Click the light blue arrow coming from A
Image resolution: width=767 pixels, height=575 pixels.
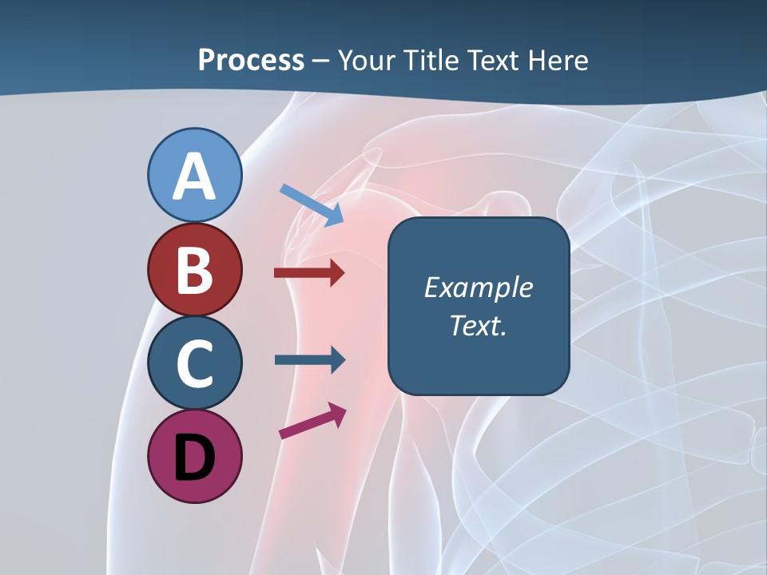pyautogui.click(x=312, y=204)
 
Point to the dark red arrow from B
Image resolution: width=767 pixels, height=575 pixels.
pyautogui.click(x=308, y=273)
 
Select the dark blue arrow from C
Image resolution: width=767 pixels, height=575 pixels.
pyautogui.click(x=309, y=359)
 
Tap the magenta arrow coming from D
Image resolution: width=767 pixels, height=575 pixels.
pyautogui.click(x=312, y=421)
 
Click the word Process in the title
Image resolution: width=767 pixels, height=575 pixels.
pyautogui.click(x=251, y=61)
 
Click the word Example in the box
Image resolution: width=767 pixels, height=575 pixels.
pyautogui.click(x=478, y=287)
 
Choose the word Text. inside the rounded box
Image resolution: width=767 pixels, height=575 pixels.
pyautogui.click(x=478, y=325)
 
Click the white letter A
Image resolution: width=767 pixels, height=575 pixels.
pyautogui.click(x=194, y=176)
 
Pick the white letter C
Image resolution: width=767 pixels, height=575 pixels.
pyautogui.click(x=194, y=364)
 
